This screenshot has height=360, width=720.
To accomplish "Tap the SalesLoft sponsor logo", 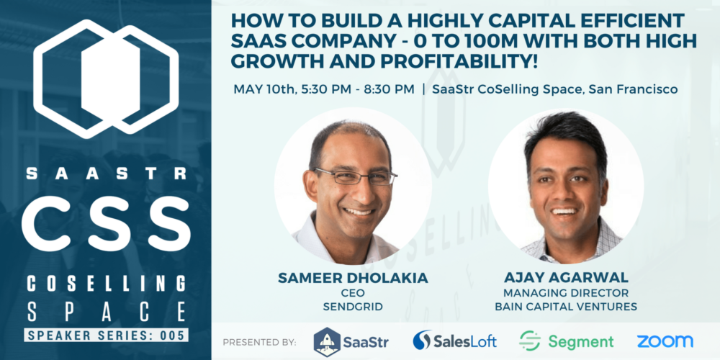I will click(455, 341).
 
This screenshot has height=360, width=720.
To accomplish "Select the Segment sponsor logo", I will click(567, 341).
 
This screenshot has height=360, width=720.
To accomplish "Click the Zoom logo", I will click(665, 341).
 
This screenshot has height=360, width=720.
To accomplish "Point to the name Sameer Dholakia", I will click(354, 277).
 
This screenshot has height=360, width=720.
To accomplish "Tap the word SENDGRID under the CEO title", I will click(354, 307).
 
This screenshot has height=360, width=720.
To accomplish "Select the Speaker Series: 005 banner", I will click(105, 335).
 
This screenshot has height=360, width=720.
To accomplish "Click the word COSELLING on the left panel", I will click(105, 283).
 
